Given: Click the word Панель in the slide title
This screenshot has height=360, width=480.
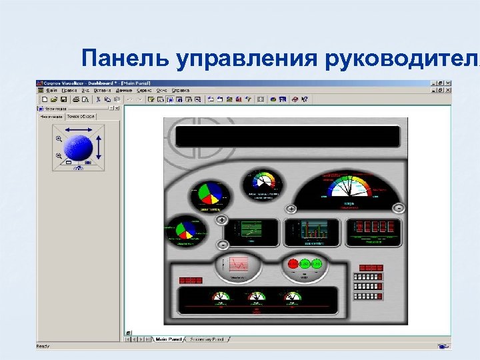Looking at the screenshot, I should coord(125,58).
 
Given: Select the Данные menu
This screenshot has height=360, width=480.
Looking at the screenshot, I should coord(124,90).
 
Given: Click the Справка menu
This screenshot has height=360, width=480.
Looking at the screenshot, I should coord(181,90).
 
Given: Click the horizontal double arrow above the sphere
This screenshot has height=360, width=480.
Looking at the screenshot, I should coord(78,129).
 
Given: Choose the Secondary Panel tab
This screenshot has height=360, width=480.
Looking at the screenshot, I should coord(209,339).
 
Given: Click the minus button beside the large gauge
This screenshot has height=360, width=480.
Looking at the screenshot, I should coord(398,207).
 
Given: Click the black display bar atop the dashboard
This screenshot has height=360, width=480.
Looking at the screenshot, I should coord(287,136).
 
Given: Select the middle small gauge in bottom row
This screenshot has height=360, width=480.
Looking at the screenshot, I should coord(255,297).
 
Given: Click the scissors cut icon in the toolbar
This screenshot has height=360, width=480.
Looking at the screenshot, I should coord(97,99).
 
